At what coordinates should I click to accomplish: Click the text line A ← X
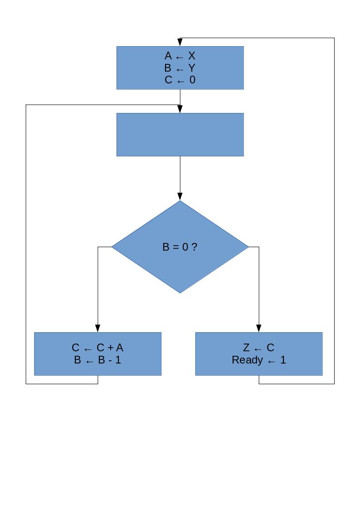180,56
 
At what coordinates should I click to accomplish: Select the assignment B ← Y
180,68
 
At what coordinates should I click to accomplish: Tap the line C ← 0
180,80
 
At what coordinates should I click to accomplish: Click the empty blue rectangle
180,135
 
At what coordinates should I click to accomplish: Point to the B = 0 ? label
180,247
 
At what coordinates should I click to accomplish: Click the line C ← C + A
97,348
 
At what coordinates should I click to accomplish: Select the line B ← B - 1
97,360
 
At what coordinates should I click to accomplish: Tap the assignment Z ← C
258,348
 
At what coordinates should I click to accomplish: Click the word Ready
247,360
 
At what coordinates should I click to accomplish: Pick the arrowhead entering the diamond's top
180,197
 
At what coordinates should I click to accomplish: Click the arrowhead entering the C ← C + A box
97,329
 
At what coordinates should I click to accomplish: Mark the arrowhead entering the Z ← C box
259,329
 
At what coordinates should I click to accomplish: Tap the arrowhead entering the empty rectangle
180,109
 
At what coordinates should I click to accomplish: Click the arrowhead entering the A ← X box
180,42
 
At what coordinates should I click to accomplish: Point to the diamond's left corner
112,247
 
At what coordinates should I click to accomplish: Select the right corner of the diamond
248,247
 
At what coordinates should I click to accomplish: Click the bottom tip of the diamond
180,292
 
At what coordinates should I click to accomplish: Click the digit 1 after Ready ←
283,360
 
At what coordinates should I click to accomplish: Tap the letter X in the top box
192,56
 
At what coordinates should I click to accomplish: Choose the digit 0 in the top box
192,80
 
